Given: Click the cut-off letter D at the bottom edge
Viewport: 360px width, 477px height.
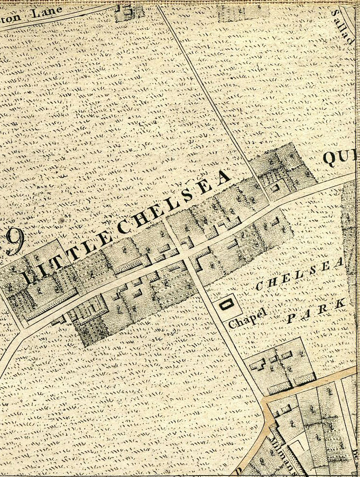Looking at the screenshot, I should [238, 471].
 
